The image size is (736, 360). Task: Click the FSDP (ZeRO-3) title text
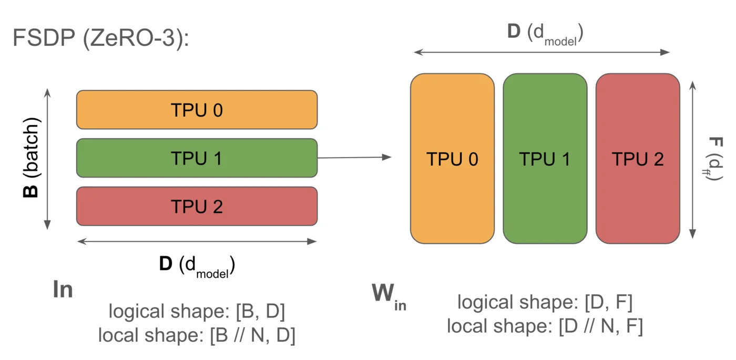[100, 39]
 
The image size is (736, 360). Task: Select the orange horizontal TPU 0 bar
[197, 110]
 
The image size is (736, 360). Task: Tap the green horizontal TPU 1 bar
[197, 158]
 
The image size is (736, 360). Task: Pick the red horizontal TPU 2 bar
[197, 206]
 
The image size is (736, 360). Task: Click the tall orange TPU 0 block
[452, 159]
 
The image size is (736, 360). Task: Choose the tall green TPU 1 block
[545, 159]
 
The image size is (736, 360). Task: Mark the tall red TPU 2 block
[637, 159]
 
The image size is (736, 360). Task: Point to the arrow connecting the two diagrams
[355, 157]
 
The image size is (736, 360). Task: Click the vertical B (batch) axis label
[32, 158]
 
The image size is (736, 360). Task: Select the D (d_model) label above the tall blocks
[546, 34]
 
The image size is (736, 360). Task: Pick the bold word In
[63, 290]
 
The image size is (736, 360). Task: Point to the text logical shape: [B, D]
[197, 312]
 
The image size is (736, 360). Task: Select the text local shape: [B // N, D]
[197, 335]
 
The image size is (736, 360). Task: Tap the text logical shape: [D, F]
[545, 302]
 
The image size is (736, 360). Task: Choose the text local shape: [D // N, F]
[545, 326]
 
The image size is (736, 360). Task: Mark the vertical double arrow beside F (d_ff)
[692, 159]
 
